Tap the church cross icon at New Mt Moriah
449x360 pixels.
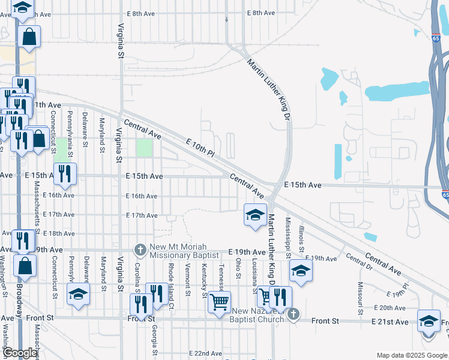tap(139, 249)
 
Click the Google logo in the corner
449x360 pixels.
tap(20, 353)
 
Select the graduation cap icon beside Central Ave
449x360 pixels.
tap(255, 214)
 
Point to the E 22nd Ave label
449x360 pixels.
tap(205, 354)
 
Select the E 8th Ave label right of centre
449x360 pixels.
tap(261, 13)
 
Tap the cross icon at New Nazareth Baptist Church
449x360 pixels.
tap(292, 314)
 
